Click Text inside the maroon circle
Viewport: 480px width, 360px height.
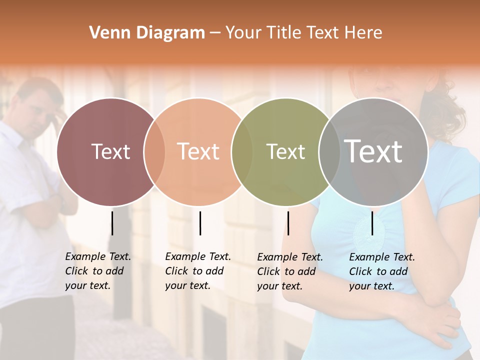point(110,151)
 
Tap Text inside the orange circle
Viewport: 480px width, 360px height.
point(198,151)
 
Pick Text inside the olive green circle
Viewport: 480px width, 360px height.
point(285,151)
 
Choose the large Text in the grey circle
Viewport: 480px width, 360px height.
point(373,151)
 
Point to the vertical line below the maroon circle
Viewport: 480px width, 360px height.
point(112,223)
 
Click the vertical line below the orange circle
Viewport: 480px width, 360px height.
point(200,223)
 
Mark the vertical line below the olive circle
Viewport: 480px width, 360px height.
point(288,223)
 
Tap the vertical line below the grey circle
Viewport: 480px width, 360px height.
point(372,223)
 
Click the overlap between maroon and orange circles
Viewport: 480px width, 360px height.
point(154,152)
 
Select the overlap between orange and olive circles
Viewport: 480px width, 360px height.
point(242,152)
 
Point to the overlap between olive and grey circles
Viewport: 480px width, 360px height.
point(329,152)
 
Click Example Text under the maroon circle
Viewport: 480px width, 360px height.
point(98,257)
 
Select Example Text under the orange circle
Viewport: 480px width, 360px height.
point(198,257)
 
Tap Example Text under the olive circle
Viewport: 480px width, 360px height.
point(290,257)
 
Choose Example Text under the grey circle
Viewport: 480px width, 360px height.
point(382,257)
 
